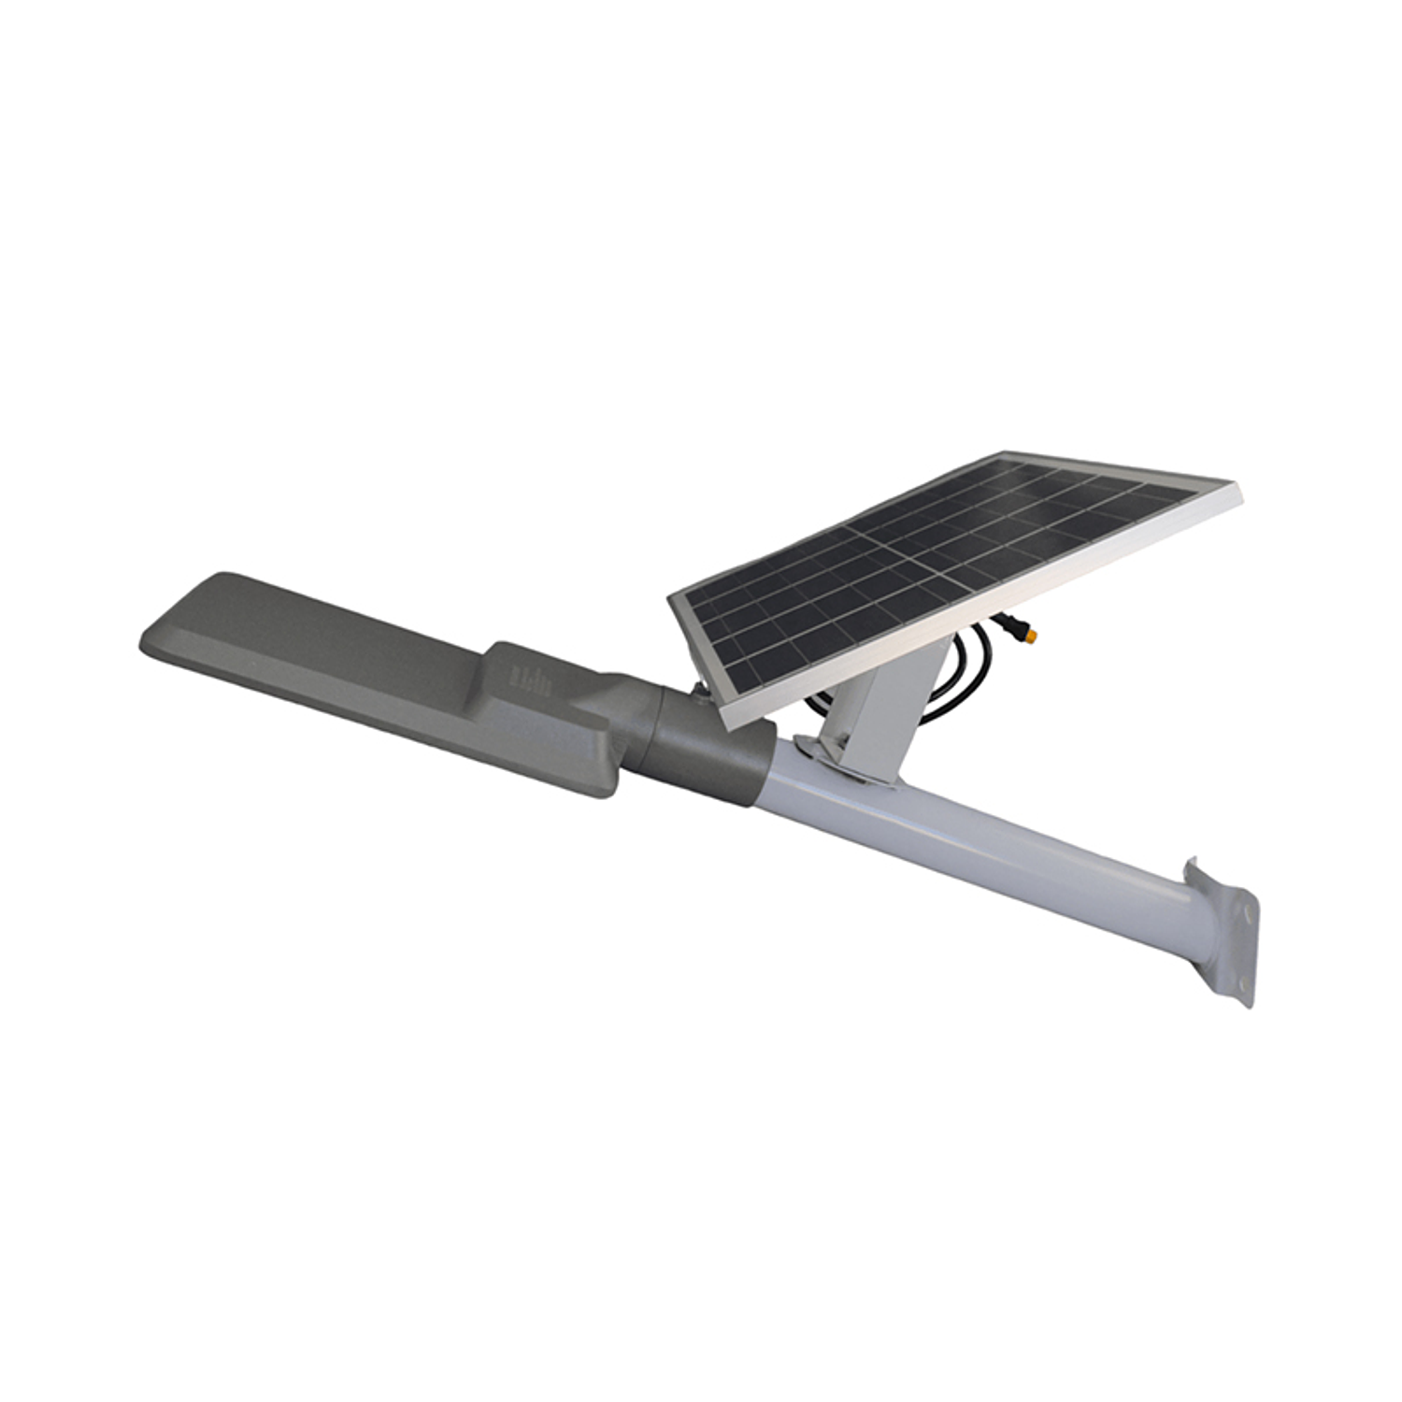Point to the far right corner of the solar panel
click(1240, 488)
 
